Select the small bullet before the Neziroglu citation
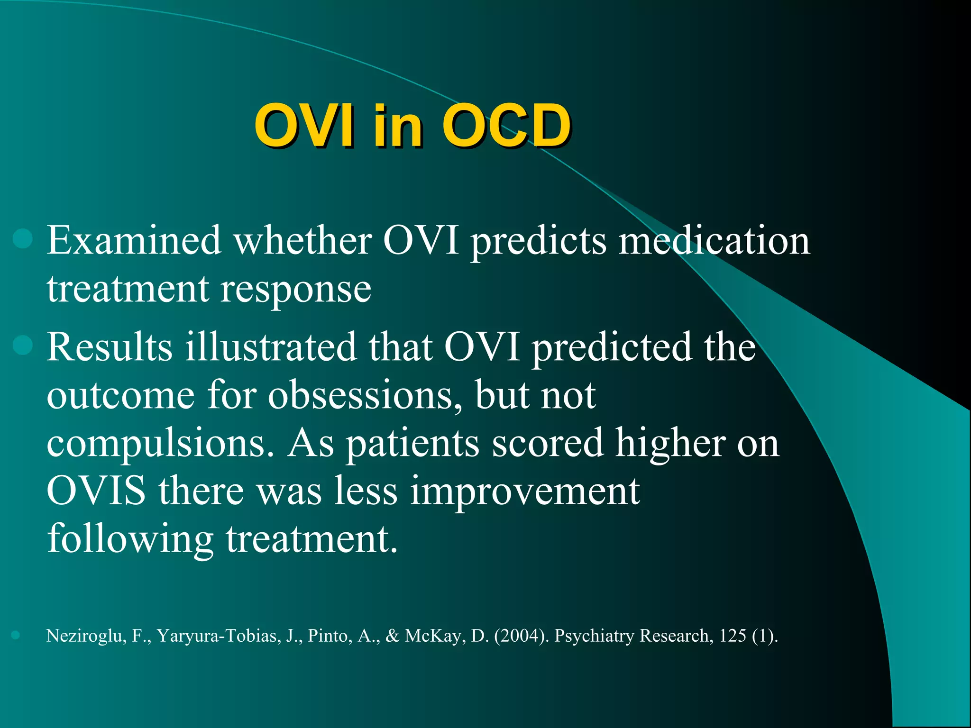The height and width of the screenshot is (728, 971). point(16,635)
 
